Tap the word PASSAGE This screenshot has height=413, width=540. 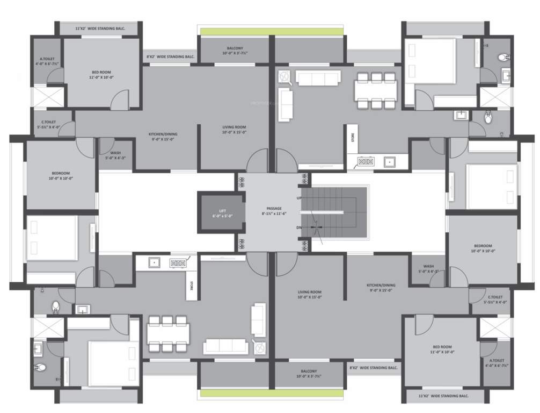[274, 208]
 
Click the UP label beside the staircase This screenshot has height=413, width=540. [298, 198]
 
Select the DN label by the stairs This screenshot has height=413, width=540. [298, 227]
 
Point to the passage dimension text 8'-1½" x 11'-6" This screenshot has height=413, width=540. [274, 213]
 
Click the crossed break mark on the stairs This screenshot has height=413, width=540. [319, 228]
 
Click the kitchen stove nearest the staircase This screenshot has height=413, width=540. [366, 161]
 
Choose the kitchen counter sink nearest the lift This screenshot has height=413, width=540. [154, 263]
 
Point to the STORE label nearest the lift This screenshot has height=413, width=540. [191, 287]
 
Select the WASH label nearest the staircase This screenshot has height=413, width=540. [428, 266]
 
